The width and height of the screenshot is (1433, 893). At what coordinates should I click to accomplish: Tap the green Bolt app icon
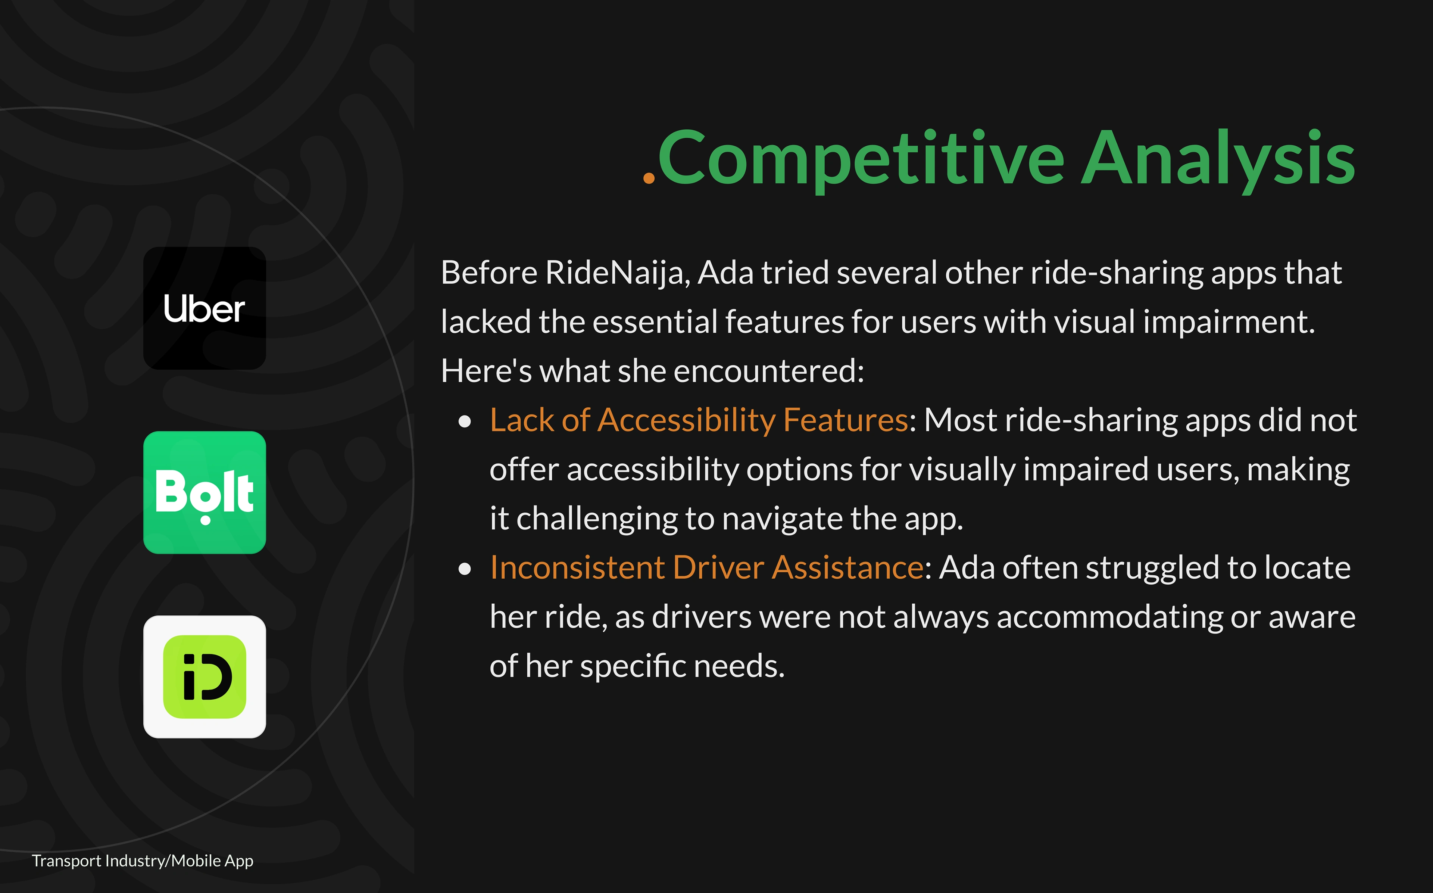pyautogui.click(x=204, y=492)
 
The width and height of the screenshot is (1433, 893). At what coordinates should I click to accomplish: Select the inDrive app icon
pyautogui.click(x=204, y=677)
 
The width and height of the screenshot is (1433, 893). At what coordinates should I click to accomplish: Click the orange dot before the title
pyautogui.click(x=649, y=178)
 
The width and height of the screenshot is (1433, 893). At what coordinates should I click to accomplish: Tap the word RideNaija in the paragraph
pyautogui.click(x=614, y=273)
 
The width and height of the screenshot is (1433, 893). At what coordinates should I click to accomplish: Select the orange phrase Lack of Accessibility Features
pyautogui.click(x=699, y=420)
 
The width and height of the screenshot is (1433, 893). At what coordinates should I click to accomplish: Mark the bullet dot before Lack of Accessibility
pyautogui.click(x=465, y=421)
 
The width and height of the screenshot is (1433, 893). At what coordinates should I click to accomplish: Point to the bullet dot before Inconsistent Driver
pyautogui.click(x=465, y=569)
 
